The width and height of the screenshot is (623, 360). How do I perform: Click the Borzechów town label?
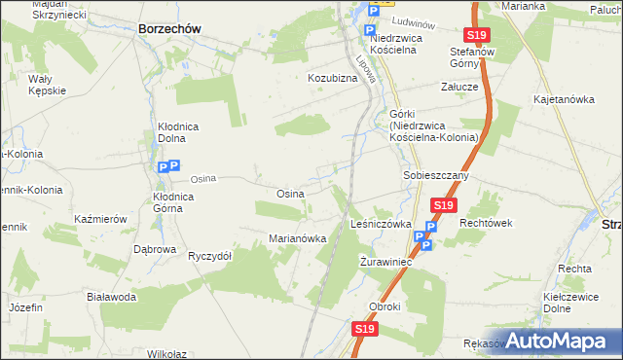point(169,29)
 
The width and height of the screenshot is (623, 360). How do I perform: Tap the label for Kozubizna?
point(333,77)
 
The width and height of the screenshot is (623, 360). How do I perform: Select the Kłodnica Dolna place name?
point(178,133)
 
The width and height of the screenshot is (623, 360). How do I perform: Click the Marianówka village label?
point(297,238)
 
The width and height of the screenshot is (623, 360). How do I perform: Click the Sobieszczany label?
point(436,176)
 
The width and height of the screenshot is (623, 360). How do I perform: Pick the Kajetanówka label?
point(564,99)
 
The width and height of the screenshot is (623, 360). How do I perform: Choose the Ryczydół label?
point(209,256)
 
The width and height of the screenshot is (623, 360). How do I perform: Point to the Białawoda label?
point(110,297)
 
